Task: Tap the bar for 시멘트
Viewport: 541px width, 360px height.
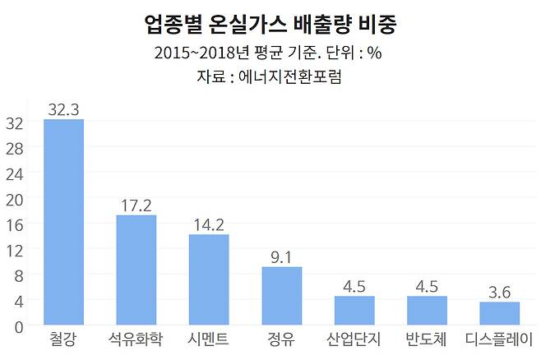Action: (209, 279)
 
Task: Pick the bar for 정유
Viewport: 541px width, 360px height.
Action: (282, 296)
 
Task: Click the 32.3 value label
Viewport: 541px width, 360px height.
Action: (63, 108)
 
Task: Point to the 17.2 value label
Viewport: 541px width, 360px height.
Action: (136, 203)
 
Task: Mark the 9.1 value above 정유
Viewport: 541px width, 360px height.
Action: (282, 255)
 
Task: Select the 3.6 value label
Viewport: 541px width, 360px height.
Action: (499, 290)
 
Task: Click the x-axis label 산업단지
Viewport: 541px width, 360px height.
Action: (354, 339)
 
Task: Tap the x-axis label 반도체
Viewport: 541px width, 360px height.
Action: (427, 339)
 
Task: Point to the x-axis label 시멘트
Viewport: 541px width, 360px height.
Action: (209, 339)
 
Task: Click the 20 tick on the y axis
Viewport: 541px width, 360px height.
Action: (15, 200)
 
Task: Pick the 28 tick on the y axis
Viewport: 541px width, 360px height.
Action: (15, 149)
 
